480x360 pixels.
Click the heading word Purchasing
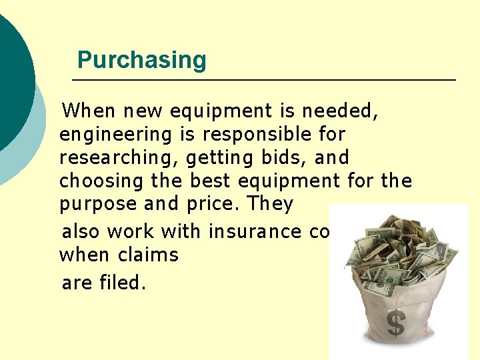tap(141, 60)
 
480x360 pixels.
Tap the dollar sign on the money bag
tap(396, 324)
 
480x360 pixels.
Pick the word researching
tap(119, 159)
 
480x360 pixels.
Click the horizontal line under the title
tap(263, 80)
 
